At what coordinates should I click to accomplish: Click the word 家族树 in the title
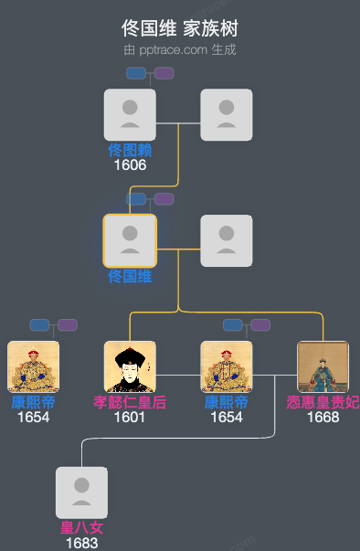pyautogui.click(x=209, y=28)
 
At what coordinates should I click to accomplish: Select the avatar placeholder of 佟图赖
pyautogui.click(x=130, y=114)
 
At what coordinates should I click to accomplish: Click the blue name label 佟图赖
pyautogui.click(x=130, y=151)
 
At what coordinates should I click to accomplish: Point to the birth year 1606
pyautogui.click(x=130, y=165)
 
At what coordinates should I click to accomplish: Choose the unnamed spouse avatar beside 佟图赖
pyautogui.click(x=227, y=114)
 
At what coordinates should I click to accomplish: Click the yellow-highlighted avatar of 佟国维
pyautogui.click(x=130, y=240)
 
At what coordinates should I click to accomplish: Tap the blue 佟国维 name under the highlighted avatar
pyautogui.click(x=130, y=276)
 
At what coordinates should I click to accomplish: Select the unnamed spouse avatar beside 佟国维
pyautogui.click(x=227, y=240)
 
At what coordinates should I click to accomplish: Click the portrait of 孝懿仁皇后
pyautogui.click(x=130, y=366)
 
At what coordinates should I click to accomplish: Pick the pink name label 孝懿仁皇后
pyautogui.click(x=130, y=402)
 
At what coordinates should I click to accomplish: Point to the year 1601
pyautogui.click(x=130, y=418)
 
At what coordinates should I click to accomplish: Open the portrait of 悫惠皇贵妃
pyautogui.click(x=323, y=366)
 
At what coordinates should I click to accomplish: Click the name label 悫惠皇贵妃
pyautogui.click(x=323, y=402)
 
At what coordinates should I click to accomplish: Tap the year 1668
pyautogui.click(x=323, y=418)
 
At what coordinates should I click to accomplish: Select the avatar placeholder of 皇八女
pyautogui.click(x=81, y=493)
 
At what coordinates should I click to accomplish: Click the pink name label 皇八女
pyautogui.click(x=81, y=528)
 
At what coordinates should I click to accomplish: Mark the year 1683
pyautogui.click(x=81, y=543)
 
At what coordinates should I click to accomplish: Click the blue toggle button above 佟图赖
pyautogui.click(x=136, y=73)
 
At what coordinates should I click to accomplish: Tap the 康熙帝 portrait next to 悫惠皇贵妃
pyautogui.click(x=227, y=366)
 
